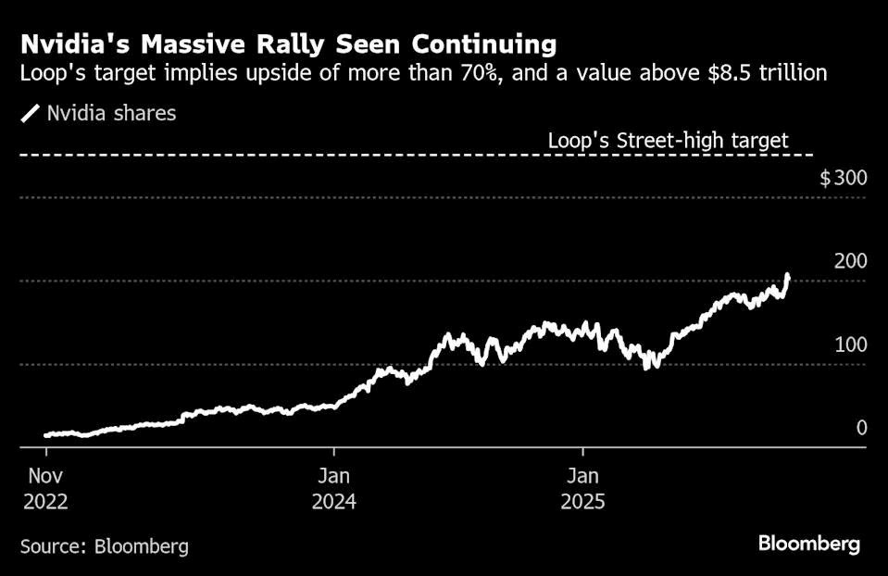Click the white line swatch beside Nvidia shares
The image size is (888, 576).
pyautogui.click(x=31, y=114)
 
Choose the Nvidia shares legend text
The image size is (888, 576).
pyautogui.click(x=111, y=114)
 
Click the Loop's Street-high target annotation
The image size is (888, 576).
pyautogui.click(x=668, y=141)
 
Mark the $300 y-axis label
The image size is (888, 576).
pyautogui.click(x=843, y=178)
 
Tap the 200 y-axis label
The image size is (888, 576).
pyautogui.click(x=850, y=261)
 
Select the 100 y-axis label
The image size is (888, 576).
pyautogui.click(x=850, y=344)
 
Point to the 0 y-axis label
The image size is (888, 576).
pyautogui.click(x=861, y=428)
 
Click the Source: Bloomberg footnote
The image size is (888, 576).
pyautogui.click(x=105, y=546)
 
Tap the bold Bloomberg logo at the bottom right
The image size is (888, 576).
pyautogui.click(x=809, y=545)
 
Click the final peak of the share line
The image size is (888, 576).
pyautogui.click(x=787, y=275)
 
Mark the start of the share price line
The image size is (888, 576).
pyautogui.click(x=46, y=434)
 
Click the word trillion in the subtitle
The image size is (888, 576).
pyautogui.click(x=791, y=73)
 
